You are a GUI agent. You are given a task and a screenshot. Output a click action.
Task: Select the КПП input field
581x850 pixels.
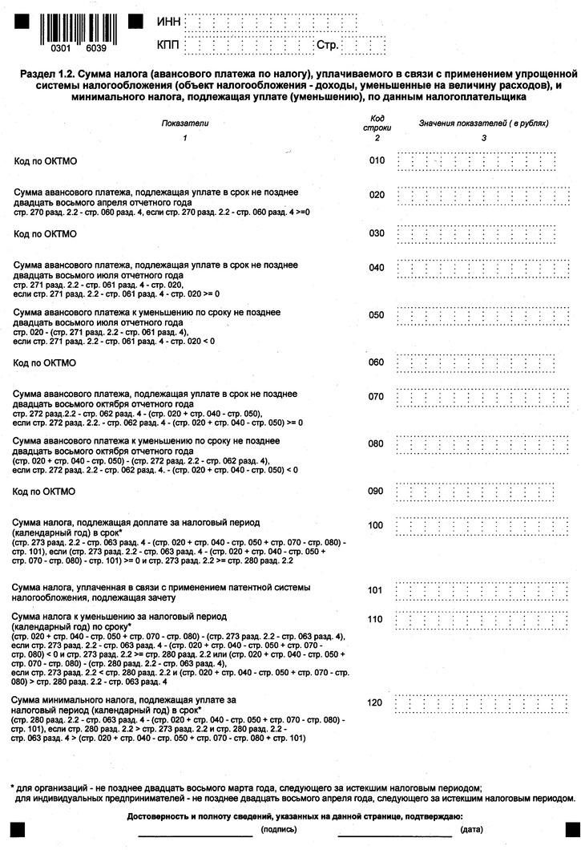(x=248, y=45)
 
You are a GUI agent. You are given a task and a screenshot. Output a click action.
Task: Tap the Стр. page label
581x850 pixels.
(x=328, y=45)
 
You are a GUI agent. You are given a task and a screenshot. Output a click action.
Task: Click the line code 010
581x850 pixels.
(x=377, y=160)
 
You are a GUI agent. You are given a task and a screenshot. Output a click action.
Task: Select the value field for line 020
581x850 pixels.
(x=482, y=195)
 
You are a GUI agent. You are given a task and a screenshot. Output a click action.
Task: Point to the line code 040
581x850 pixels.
(x=377, y=268)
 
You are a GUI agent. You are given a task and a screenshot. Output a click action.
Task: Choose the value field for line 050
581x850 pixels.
(x=482, y=315)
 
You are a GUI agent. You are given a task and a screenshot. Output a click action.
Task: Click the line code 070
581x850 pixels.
(x=377, y=396)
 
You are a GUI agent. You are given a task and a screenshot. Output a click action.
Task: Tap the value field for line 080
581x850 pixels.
(x=482, y=443)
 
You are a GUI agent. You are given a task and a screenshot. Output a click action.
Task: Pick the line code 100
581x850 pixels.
(x=377, y=525)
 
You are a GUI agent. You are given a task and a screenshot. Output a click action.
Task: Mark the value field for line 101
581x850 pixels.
(x=482, y=591)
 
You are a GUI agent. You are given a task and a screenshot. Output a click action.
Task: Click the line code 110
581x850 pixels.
(x=377, y=619)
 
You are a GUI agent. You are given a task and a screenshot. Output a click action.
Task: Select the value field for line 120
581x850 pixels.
(x=482, y=703)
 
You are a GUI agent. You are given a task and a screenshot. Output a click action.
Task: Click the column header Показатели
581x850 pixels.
(x=184, y=124)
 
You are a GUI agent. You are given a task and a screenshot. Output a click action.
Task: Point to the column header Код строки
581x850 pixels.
(x=376, y=123)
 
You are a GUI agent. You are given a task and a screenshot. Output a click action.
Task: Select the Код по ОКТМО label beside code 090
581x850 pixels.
(x=45, y=491)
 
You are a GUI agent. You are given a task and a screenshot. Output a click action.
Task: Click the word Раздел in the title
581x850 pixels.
(x=35, y=74)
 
